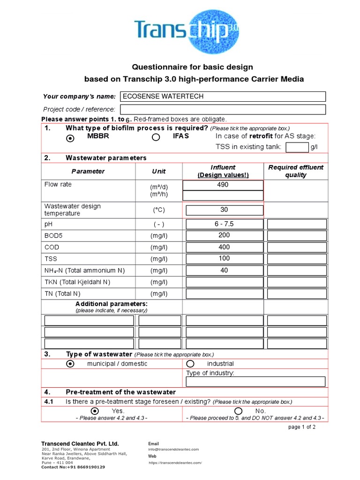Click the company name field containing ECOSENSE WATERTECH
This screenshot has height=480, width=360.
[x=223, y=97]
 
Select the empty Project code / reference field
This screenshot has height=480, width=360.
[x=223, y=109]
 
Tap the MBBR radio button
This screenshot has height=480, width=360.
[x=70, y=138]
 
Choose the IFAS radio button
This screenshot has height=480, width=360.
[x=156, y=137]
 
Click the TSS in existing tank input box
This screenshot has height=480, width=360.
[x=297, y=148]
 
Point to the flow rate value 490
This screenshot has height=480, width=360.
[x=223, y=185]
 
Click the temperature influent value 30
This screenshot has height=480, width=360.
[x=225, y=210]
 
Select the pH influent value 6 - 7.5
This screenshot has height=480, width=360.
[x=225, y=224]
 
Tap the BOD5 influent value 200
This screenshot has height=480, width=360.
[x=225, y=235]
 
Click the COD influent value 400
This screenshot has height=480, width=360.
[x=225, y=247]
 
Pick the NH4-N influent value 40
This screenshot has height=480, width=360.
[x=225, y=270]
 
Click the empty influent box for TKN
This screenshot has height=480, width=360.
[x=225, y=282]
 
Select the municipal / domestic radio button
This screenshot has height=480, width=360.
[x=70, y=364]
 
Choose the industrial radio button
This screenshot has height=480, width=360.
[x=190, y=364]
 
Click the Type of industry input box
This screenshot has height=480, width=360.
[x=255, y=382]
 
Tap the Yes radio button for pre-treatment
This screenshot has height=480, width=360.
[x=95, y=411]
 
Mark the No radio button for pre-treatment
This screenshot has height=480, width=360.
[x=238, y=411]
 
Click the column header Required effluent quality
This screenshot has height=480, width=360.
[x=295, y=171]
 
